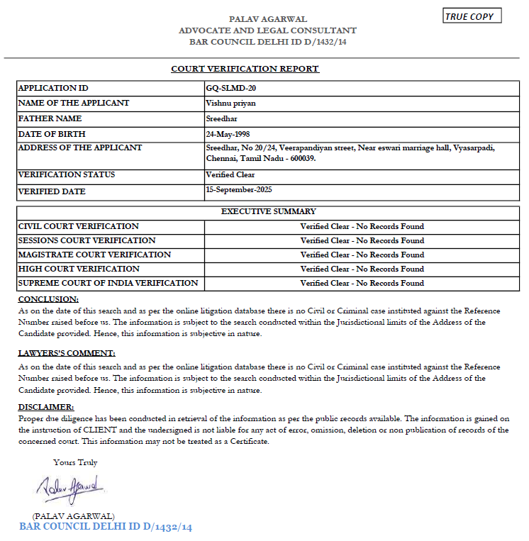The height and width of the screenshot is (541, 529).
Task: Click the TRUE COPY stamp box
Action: (472, 16)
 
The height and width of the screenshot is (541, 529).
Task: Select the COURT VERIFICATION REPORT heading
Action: (245, 69)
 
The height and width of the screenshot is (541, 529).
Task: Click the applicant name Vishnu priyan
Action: (230, 103)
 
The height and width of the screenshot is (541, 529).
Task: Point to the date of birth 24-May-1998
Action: (228, 133)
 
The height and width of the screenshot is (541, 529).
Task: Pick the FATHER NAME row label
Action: (50, 118)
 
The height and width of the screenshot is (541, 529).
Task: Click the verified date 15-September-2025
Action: (239, 189)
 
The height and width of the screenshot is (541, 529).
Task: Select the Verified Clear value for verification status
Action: (230, 174)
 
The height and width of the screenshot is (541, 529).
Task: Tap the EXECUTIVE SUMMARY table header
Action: (269, 211)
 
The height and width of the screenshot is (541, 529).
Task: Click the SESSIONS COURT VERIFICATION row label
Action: (87, 240)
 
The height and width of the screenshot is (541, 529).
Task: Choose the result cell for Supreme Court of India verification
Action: (362, 283)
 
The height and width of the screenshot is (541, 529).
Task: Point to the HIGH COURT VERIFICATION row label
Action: (79, 269)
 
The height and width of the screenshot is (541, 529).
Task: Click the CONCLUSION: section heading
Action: (48, 299)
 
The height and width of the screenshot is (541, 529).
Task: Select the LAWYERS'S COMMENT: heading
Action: (66, 353)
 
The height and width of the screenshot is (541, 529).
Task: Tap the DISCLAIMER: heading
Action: (45, 407)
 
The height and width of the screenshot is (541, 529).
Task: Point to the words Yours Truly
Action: (75, 462)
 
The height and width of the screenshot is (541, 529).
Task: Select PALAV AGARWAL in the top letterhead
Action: (267, 18)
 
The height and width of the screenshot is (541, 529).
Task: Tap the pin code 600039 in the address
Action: (301, 159)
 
